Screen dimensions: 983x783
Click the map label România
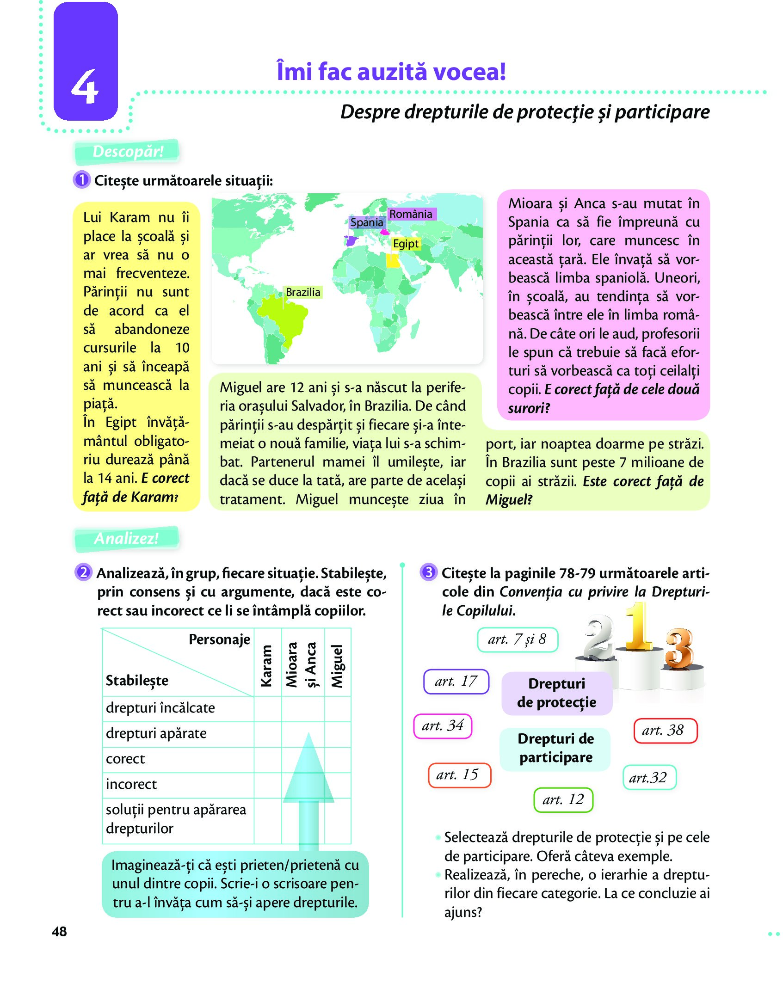[x=411, y=214]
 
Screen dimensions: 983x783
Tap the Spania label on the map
[x=366, y=222]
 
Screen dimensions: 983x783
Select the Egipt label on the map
[x=406, y=244]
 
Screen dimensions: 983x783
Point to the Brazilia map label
[x=303, y=292]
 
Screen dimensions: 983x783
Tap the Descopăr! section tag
[x=127, y=152]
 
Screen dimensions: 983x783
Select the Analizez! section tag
[x=126, y=539]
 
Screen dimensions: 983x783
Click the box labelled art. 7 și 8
[x=517, y=639]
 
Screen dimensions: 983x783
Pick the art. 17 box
[x=456, y=682]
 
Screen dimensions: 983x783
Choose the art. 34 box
[x=443, y=726]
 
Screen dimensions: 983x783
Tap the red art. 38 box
[x=665, y=731]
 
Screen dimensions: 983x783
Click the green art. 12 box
[x=563, y=799]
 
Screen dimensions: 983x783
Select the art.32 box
[x=649, y=778]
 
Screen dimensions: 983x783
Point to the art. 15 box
[x=459, y=775]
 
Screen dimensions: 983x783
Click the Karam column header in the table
[x=267, y=666]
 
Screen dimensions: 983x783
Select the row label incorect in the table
[x=131, y=785]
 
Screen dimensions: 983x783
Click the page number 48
[x=59, y=932]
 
